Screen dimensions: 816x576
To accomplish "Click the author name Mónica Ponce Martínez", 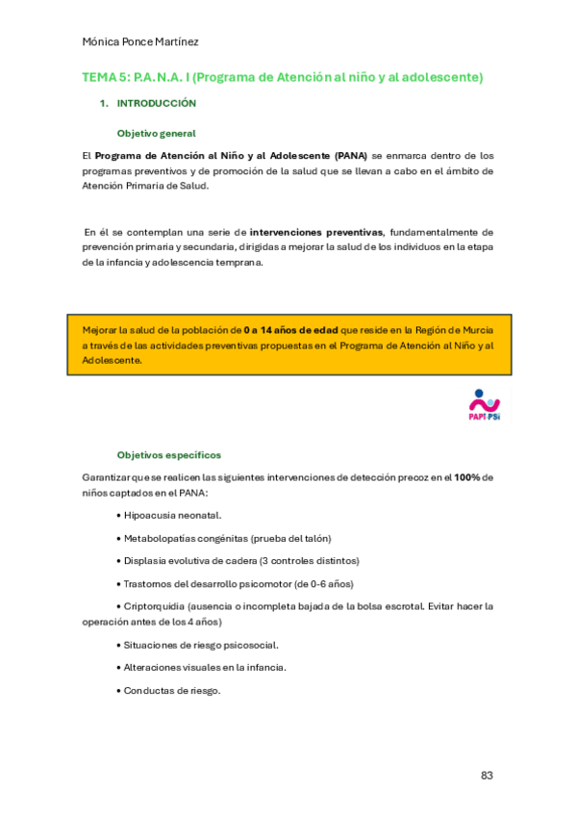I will pos(140,42).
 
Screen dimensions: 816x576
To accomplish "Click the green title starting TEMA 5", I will pos(282,77).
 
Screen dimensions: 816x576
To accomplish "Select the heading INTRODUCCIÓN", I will pos(157,103).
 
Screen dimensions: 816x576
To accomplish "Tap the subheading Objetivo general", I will pos(156,134).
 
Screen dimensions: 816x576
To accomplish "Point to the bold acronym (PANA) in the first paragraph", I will pos(351,155).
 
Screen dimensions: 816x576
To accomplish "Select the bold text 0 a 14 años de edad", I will pos(290,329).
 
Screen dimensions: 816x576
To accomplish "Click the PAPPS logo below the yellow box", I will pos(484,405).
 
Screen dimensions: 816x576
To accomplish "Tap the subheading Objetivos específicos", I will pos(168,454).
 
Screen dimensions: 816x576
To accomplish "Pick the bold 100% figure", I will pos(467,477).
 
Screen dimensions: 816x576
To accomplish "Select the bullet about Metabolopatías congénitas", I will pos(227,538).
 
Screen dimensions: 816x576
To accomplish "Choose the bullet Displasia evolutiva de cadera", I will pos(240,560).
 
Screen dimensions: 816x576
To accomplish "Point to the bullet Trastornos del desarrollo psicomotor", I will pos(238,583).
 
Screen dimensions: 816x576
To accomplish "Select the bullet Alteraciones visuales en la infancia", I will pos(204,667).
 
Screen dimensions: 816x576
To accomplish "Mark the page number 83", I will pos(487,775).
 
